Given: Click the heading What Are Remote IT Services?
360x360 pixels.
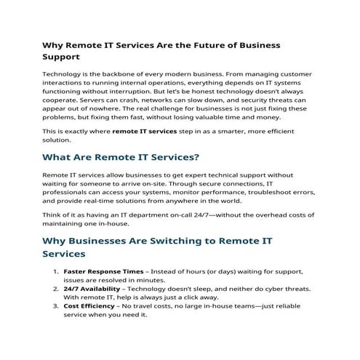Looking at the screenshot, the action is point(121,156).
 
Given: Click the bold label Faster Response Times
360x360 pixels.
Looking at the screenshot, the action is point(103,271).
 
